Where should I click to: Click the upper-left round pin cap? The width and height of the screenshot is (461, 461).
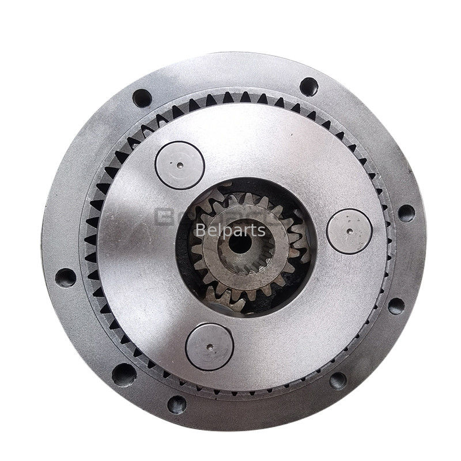click(180, 165)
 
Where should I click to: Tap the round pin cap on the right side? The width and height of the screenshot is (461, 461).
click(350, 231)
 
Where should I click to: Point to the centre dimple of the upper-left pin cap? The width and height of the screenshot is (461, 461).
click(180, 165)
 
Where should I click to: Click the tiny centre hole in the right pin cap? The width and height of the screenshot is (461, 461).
click(350, 231)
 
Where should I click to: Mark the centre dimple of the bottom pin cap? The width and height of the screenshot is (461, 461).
click(209, 347)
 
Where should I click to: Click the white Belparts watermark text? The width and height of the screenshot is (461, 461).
click(231, 231)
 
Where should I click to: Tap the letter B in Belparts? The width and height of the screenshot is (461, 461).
click(200, 231)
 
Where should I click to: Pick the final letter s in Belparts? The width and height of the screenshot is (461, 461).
click(262, 231)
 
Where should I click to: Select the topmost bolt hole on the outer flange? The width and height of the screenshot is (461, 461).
click(309, 86)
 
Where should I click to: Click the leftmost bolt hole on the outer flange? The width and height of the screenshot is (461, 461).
click(66, 277)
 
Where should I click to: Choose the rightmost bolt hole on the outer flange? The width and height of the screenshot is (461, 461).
click(406, 213)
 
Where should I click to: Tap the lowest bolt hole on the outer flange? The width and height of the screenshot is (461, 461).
click(177, 404)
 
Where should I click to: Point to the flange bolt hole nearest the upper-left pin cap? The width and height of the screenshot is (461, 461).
click(142, 98)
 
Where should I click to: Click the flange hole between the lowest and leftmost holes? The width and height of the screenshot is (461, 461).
click(124, 374)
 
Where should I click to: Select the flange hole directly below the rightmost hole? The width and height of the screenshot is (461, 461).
click(396, 305)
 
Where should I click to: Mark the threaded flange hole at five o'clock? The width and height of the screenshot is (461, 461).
click(338, 380)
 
